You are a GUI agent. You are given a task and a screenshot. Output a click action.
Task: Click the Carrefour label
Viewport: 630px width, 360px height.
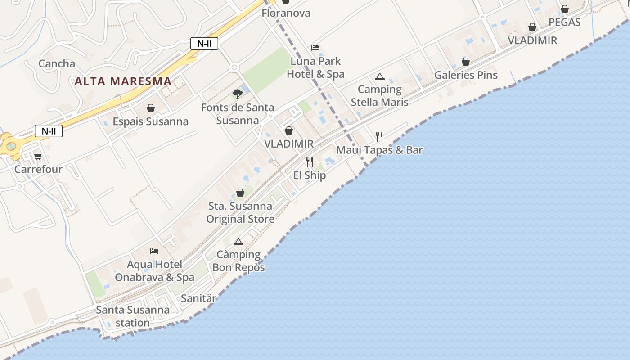point(38,170)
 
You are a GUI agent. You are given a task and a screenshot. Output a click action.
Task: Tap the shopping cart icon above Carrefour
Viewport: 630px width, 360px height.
point(38,156)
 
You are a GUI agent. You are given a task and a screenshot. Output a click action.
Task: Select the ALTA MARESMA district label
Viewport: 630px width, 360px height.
point(123,81)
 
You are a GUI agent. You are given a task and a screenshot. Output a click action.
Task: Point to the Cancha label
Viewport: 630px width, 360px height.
point(57,64)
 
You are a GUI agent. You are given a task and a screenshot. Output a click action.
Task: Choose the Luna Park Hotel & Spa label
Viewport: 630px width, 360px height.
point(315,67)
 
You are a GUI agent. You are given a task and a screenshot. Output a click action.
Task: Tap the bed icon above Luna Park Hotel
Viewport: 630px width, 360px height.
point(315,47)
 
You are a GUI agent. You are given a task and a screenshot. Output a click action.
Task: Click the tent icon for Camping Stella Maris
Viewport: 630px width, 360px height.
point(379,77)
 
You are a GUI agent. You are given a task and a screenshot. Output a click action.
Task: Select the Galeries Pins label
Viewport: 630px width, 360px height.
point(466,75)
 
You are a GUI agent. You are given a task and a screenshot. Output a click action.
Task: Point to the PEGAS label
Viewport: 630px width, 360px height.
point(564,22)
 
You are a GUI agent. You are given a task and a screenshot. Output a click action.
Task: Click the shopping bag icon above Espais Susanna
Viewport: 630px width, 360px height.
point(151,108)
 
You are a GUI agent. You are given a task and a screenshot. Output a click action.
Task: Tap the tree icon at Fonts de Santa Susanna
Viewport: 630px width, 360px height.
point(238,94)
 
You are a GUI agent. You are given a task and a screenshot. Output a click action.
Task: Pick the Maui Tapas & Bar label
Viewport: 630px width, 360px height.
point(379,150)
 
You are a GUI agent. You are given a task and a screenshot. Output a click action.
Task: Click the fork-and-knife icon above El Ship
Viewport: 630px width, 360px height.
point(310,162)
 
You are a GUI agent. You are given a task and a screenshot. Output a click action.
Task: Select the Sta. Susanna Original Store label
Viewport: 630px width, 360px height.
point(240,212)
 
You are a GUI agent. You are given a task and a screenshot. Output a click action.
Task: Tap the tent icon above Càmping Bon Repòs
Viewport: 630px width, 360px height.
point(238,242)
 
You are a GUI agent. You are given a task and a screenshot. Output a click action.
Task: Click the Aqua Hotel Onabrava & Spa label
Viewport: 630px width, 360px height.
point(154,271)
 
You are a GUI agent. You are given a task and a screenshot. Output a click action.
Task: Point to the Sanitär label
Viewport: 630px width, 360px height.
point(198,298)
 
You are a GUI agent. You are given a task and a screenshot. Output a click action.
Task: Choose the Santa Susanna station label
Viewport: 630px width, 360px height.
point(133,316)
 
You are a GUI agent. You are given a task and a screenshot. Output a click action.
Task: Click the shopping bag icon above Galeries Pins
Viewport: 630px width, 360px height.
point(466,62)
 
